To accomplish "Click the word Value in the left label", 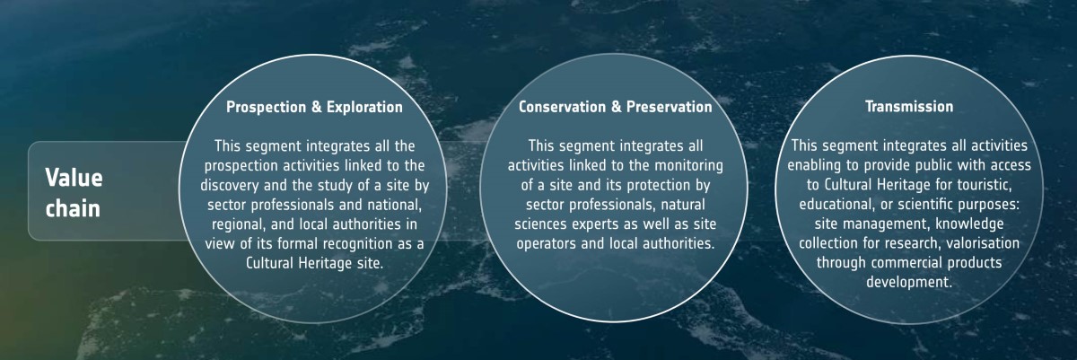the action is click(x=74, y=178).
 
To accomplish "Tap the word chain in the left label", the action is click(x=73, y=208).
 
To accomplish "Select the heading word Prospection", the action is click(x=266, y=107).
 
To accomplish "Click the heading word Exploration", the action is click(x=364, y=107).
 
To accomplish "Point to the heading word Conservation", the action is click(x=562, y=107).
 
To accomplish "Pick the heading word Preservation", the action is click(x=669, y=107).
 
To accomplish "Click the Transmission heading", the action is click(x=908, y=106).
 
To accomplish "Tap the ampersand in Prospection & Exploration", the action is click(x=316, y=107).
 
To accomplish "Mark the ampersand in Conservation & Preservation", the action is click(x=616, y=107).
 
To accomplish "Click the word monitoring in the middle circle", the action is click(x=688, y=165).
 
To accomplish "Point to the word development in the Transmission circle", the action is click(x=908, y=282).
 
